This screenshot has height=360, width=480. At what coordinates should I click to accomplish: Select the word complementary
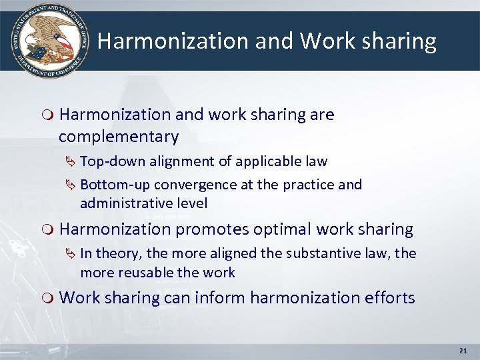coord(119,137)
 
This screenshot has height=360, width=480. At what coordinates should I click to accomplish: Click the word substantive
coord(324,253)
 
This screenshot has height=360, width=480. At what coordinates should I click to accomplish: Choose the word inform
coord(217,297)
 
